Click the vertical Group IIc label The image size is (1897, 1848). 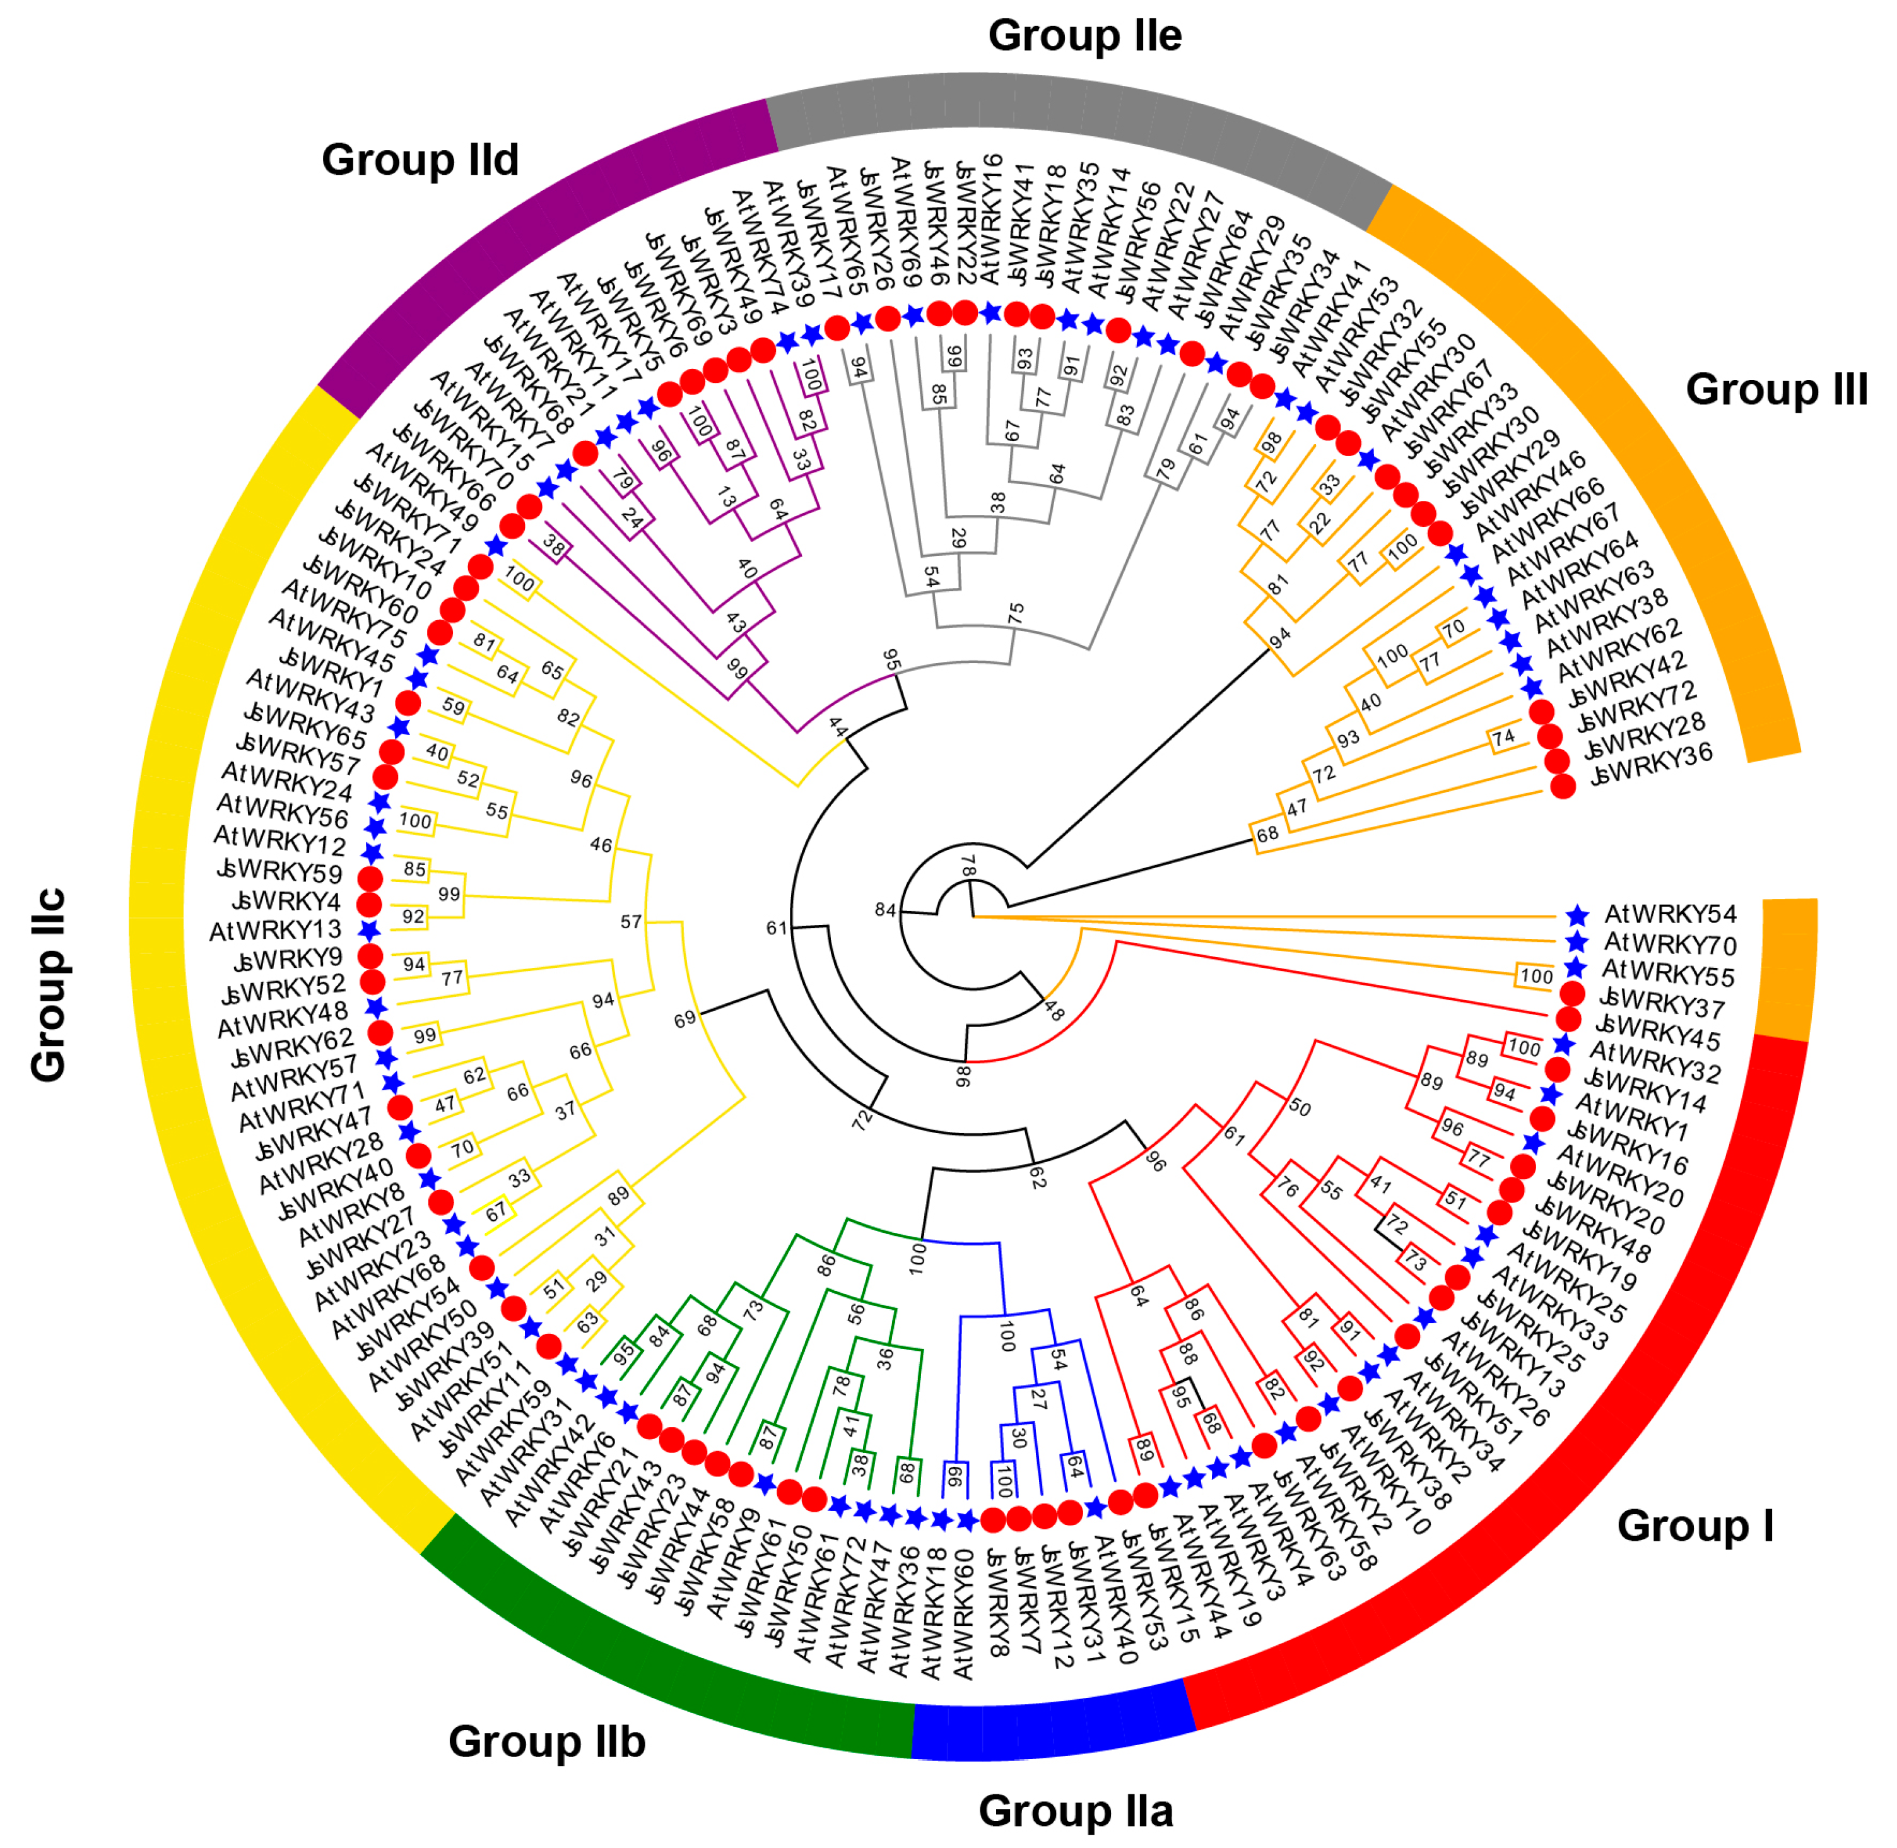point(49,984)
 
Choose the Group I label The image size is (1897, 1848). point(1694,1525)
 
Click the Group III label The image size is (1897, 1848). point(1776,389)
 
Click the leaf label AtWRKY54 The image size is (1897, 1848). point(1670,914)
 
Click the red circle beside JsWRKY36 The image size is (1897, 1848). point(1562,786)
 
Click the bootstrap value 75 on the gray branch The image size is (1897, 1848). point(1015,613)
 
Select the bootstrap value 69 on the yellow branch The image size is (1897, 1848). point(684,1019)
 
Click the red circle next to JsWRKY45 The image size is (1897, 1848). point(1568,1019)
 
